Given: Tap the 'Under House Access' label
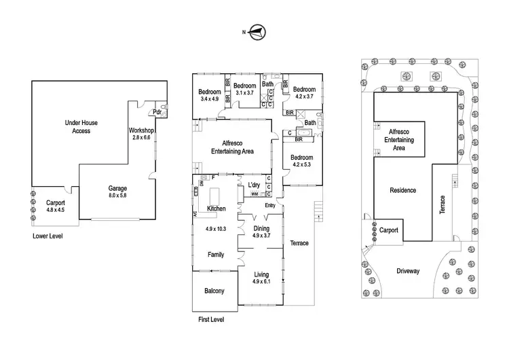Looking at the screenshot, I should (77, 126).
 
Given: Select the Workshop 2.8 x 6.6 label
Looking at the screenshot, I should (142, 133).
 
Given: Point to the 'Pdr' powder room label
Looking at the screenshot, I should (157, 112).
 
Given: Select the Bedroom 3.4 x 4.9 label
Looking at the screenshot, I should (210, 95).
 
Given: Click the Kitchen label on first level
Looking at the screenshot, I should (216, 209).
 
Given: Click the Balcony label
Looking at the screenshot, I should (214, 291).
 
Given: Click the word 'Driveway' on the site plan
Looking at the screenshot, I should (409, 271).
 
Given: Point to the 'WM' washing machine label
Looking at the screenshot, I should (254, 195).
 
